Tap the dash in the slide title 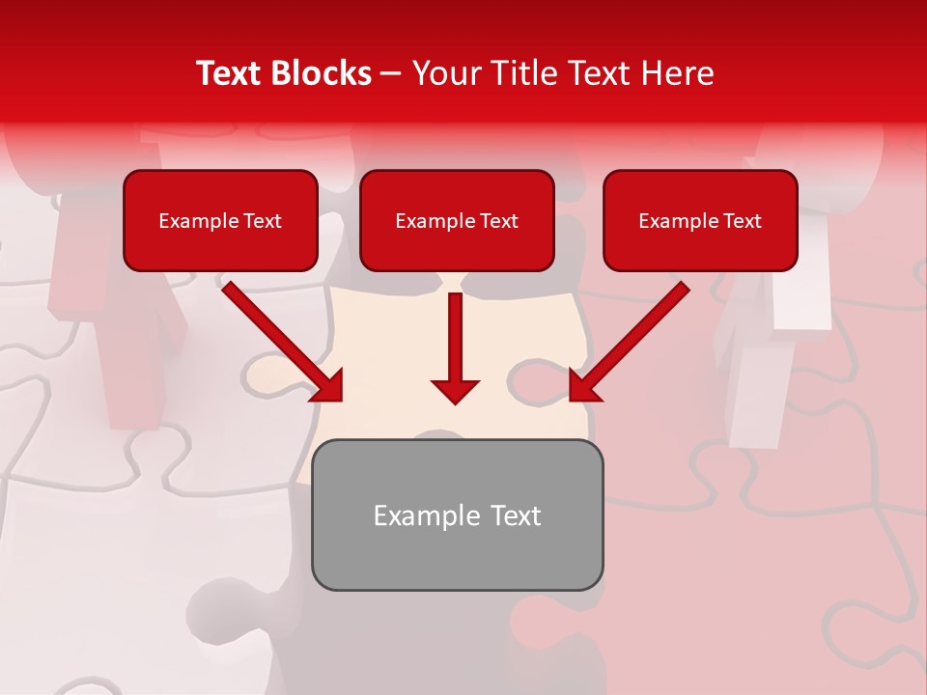[391, 73]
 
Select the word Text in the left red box [263, 221]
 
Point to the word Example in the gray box [427, 515]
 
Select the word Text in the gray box [516, 515]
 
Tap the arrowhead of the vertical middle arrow [455, 391]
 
